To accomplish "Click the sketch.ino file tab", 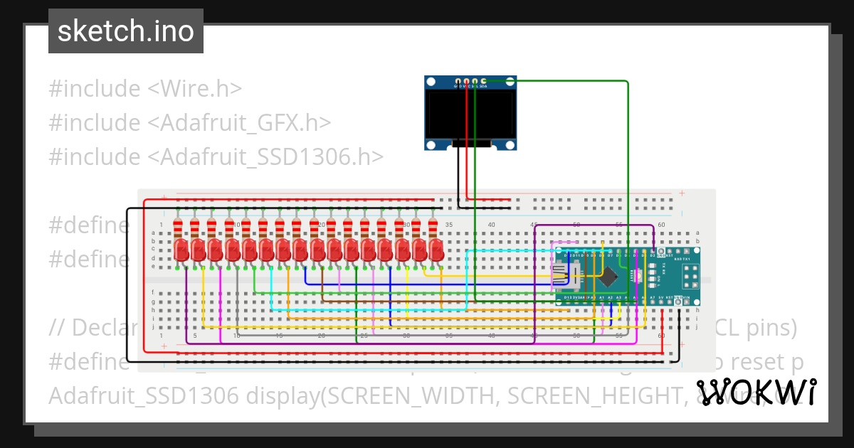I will click(x=125, y=31).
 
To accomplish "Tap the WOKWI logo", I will click(x=756, y=392).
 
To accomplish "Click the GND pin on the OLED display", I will click(x=458, y=81).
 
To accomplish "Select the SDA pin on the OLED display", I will click(x=484, y=81).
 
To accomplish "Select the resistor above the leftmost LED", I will click(x=178, y=228).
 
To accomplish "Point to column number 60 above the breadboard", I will click(x=661, y=225).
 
